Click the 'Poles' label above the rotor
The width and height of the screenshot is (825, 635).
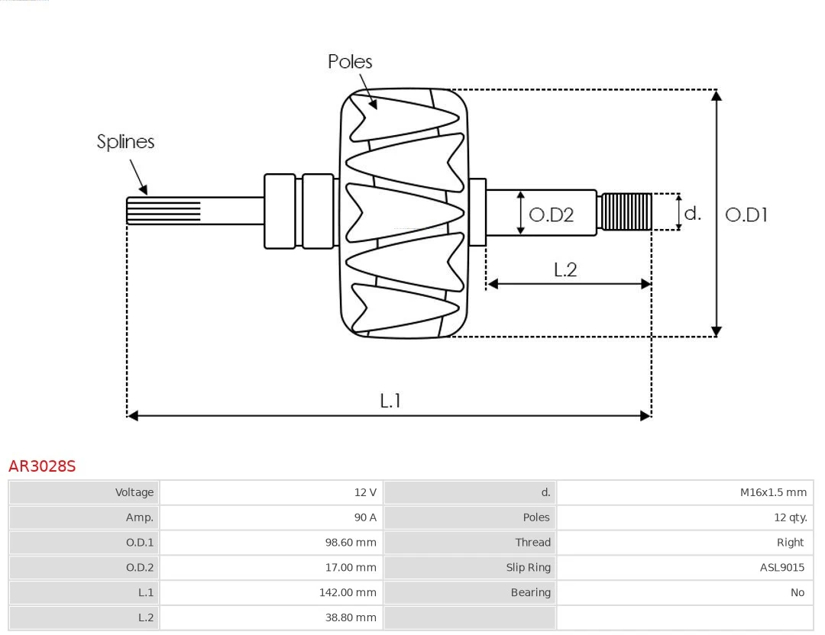[350, 62]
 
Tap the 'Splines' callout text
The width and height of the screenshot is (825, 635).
[125, 142]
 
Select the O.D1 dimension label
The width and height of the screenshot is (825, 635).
[746, 215]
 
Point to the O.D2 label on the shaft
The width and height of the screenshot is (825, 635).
[551, 215]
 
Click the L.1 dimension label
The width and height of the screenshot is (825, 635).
[390, 401]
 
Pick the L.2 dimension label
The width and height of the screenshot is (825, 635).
[565, 269]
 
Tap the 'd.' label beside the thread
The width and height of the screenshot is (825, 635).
[692, 213]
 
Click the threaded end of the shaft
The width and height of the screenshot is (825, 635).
[626, 211]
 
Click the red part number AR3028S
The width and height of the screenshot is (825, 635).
[42, 466]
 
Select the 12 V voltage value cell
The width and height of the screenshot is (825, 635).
[365, 493]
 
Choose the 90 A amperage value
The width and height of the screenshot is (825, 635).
[365, 517]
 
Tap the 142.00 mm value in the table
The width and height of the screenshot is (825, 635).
[348, 592]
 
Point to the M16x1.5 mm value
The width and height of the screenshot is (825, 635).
[773, 493]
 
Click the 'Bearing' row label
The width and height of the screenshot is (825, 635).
[530, 592]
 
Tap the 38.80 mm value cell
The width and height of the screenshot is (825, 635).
[351, 617]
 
